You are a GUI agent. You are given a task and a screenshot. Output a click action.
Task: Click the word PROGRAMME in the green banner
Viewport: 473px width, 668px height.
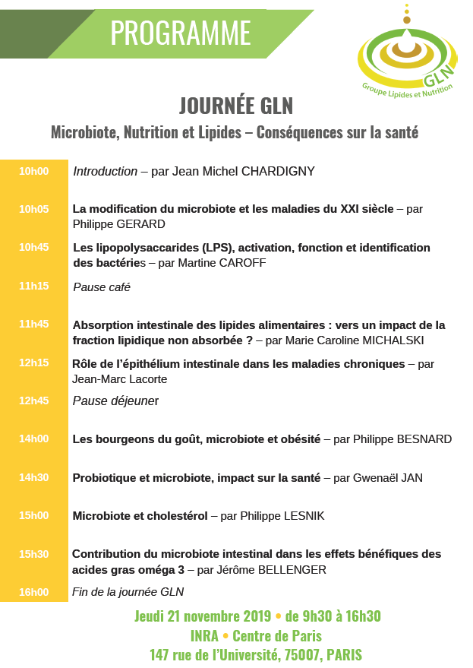pos(180,33)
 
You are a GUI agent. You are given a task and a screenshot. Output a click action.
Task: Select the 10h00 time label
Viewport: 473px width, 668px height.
pos(33,171)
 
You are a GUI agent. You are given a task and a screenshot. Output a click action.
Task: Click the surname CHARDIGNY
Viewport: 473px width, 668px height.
pos(278,172)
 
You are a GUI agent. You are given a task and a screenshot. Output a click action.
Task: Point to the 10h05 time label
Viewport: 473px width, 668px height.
pos(33,208)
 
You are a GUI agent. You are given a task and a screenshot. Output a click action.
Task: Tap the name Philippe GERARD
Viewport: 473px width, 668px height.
pos(118,224)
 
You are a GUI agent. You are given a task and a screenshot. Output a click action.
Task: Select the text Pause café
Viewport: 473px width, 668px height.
pos(102,287)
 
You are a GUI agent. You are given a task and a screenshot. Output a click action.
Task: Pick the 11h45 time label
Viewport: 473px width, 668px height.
pos(33,324)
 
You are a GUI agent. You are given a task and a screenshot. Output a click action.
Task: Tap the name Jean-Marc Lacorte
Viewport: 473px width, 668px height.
pos(120,378)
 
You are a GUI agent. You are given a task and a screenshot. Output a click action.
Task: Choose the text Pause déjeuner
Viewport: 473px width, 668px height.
pos(115,400)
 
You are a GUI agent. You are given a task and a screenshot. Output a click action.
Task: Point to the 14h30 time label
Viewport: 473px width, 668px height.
pos(33,477)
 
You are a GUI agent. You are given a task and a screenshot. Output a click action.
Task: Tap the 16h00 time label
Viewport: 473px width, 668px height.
pos(33,591)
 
